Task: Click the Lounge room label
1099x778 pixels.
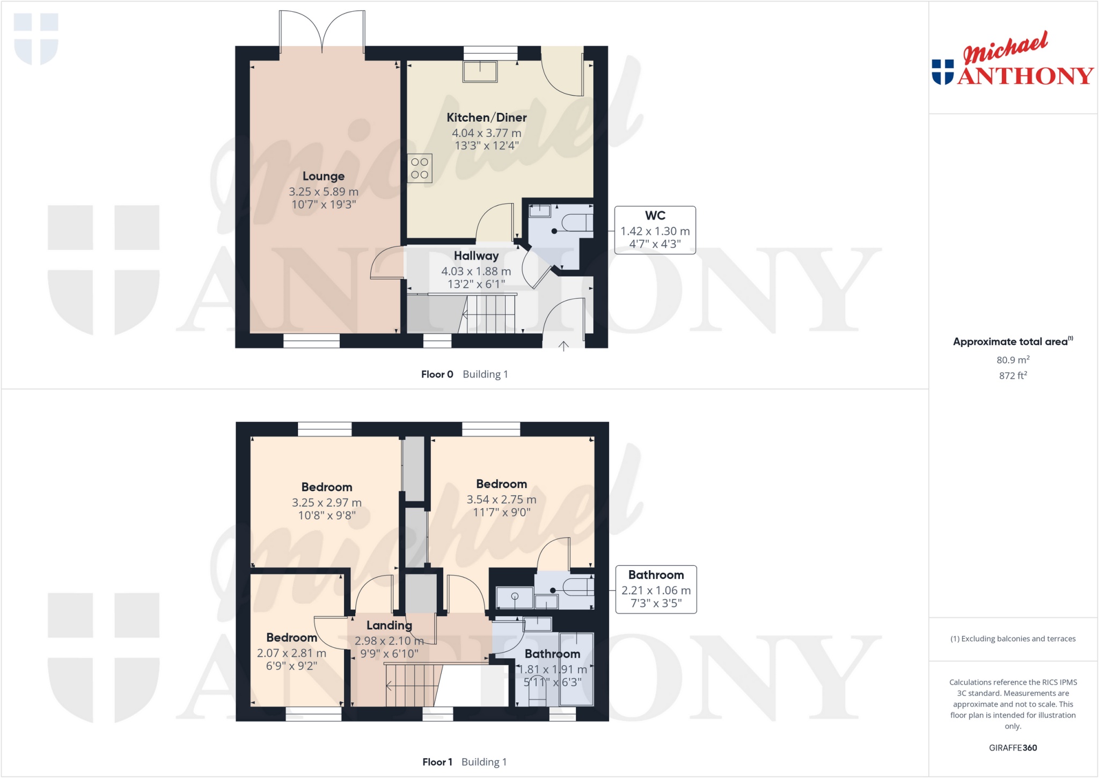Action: pyautogui.click(x=324, y=176)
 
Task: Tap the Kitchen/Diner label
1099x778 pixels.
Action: pyautogui.click(x=487, y=118)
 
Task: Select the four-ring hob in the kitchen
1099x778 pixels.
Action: pyautogui.click(x=420, y=169)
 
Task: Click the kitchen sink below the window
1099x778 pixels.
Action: pyautogui.click(x=480, y=71)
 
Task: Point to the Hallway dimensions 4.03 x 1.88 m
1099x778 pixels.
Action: pyautogui.click(x=476, y=272)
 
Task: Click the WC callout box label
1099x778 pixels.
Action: pyautogui.click(x=655, y=216)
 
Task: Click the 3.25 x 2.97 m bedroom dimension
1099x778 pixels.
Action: pyautogui.click(x=327, y=503)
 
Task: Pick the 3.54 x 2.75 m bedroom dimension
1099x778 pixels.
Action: pyautogui.click(x=501, y=500)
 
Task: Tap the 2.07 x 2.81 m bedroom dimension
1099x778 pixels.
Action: pyautogui.click(x=291, y=653)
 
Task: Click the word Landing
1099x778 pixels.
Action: pyautogui.click(x=389, y=626)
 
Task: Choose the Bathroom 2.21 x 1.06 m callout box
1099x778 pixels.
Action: pyautogui.click(x=656, y=589)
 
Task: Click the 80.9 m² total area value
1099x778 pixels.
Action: pyautogui.click(x=1013, y=360)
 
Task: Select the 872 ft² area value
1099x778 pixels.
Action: pyautogui.click(x=1013, y=376)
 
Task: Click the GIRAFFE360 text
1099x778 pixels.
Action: pyautogui.click(x=1013, y=748)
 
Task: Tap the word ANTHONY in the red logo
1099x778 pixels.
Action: pyautogui.click(x=1025, y=76)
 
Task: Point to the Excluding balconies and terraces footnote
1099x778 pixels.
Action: pyautogui.click(x=1013, y=639)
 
